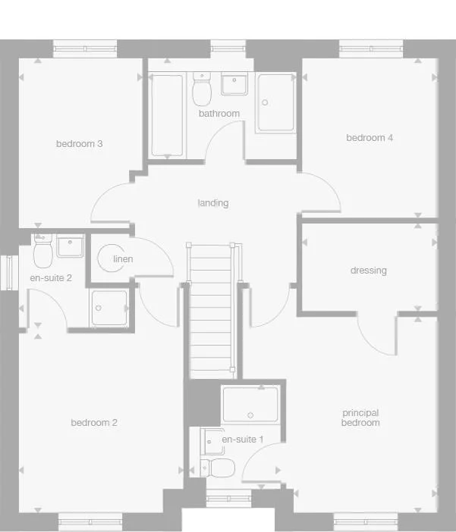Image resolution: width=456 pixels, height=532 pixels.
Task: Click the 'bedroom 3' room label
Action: click(79, 144)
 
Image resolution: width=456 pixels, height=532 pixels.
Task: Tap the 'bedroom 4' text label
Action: click(370, 138)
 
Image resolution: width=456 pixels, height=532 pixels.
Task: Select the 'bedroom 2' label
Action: click(94, 423)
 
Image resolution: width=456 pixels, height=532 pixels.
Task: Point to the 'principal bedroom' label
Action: click(360, 418)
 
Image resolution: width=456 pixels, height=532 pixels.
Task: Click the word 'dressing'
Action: click(369, 271)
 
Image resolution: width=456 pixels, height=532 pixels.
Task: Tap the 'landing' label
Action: click(213, 203)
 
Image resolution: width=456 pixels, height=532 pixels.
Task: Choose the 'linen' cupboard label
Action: click(123, 259)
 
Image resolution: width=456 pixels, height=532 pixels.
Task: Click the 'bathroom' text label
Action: click(219, 114)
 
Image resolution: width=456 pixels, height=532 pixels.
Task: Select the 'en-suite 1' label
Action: click(242, 440)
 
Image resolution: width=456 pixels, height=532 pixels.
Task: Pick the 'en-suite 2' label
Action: click(51, 278)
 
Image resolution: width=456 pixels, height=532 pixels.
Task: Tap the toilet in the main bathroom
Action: click(202, 91)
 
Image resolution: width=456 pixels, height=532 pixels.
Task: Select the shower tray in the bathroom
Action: click(275, 103)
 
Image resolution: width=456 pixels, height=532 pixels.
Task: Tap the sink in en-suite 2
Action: click(70, 247)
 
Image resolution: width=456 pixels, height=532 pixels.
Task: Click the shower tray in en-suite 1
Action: click(250, 405)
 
